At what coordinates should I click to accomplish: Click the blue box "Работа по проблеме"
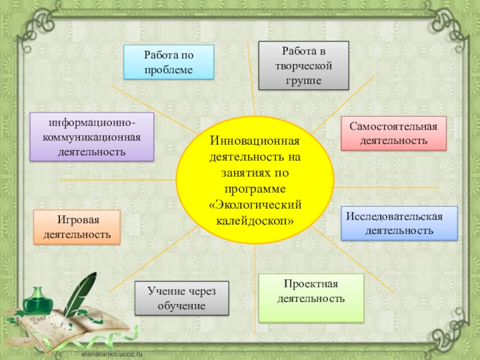[168, 62]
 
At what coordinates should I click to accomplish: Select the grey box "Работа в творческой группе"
[303, 65]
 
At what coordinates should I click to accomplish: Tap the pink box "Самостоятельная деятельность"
[394, 133]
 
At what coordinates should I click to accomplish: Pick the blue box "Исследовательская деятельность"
[399, 223]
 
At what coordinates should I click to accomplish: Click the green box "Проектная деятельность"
[311, 298]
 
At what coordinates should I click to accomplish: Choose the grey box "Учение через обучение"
[182, 298]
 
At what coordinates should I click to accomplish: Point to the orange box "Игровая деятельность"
[76, 227]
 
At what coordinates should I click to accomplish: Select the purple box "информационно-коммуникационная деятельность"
[92, 137]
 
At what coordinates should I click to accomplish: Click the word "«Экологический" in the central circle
[254, 206]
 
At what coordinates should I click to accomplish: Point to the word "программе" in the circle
[254, 190]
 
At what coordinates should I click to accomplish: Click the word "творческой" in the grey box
[303, 65]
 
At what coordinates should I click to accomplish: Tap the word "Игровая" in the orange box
[76, 220]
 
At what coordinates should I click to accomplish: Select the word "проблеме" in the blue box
[168, 70]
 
